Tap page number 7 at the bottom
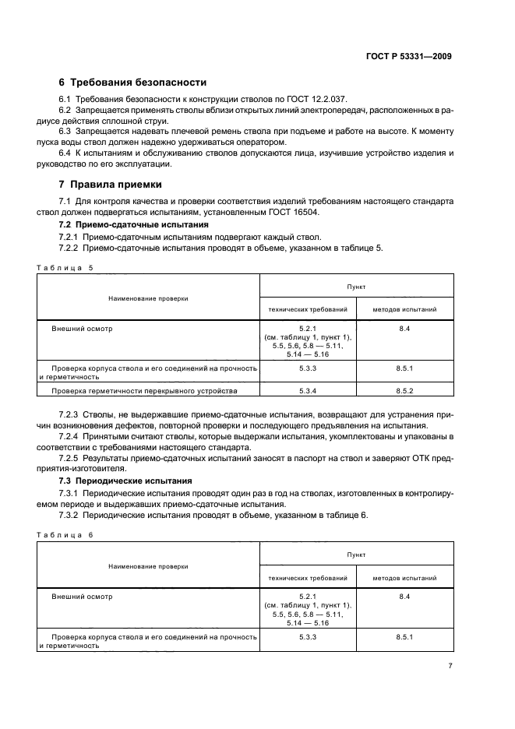click(450, 666)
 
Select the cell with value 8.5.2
click(404, 390)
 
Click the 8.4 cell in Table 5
click(404, 329)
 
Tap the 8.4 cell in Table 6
click(404, 597)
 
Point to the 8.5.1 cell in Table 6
click(404, 636)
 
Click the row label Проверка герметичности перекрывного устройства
click(144, 390)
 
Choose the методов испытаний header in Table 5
click(404, 309)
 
